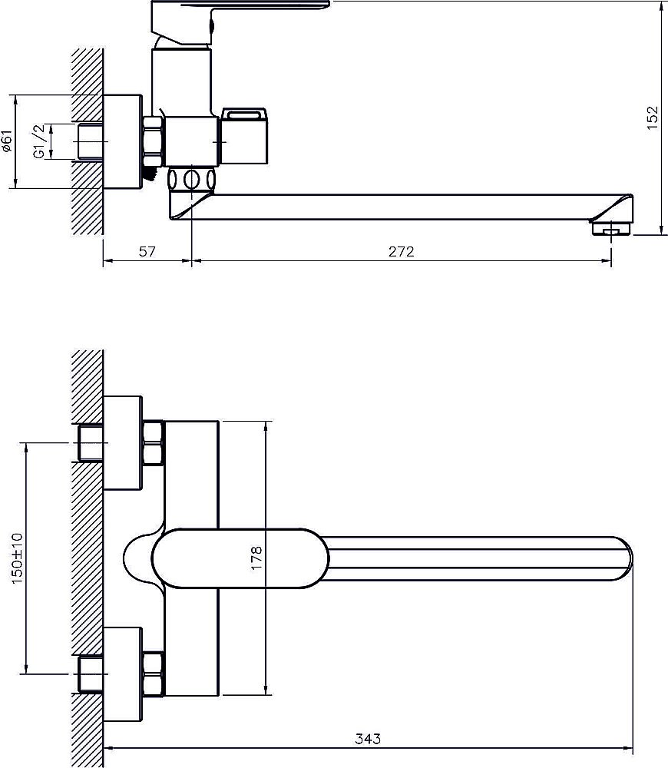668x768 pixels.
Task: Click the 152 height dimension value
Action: click(x=653, y=118)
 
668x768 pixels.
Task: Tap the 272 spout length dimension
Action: click(x=401, y=252)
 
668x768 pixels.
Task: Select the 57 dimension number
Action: click(x=147, y=252)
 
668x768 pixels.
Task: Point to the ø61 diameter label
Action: click(x=7, y=141)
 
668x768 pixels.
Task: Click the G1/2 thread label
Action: click(x=40, y=141)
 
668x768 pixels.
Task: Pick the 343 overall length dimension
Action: click(x=368, y=739)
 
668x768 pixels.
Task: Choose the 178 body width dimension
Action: click(x=256, y=558)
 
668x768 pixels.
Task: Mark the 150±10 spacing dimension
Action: click(x=16, y=558)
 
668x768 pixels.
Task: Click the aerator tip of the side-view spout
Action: click(x=612, y=229)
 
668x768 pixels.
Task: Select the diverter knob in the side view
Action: click(x=244, y=136)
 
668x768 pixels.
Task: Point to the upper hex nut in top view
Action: click(x=154, y=443)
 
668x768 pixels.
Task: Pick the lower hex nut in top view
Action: click(x=154, y=674)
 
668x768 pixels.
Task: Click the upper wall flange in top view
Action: click(x=122, y=443)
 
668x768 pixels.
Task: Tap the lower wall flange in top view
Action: click(x=122, y=674)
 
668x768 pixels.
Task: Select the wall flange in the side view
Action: click(x=122, y=141)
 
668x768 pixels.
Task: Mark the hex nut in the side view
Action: click(x=153, y=141)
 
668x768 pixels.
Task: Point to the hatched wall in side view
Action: click(x=88, y=141)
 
